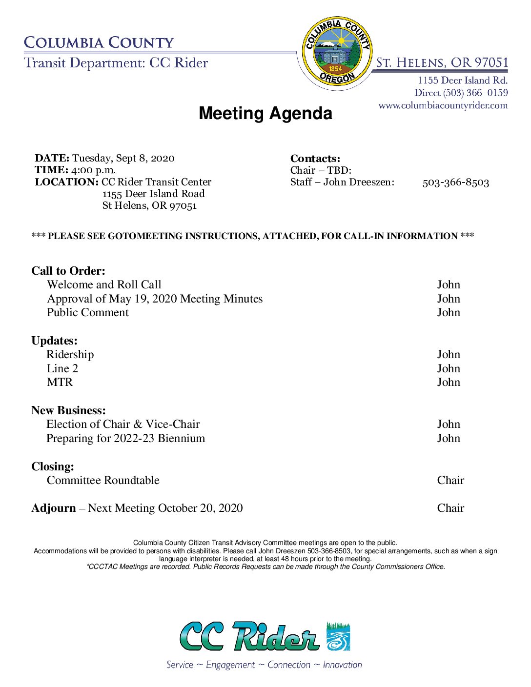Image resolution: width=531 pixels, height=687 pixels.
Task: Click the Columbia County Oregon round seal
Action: [x=337, y=51]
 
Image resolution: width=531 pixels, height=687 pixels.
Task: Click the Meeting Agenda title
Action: [x=265, y=113]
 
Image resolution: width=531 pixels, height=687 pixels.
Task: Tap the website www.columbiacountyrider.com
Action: [x=443, y=105]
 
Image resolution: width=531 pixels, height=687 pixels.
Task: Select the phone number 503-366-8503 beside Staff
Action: [x=455, y=182]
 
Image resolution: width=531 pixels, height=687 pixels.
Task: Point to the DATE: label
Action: [x=52, y=158]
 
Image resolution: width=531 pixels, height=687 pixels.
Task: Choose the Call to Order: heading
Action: [x=68, y=271]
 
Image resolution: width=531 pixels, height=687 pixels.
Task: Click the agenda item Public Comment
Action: [x=88, y=313]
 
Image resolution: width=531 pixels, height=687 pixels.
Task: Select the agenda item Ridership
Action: [x=70, y=355]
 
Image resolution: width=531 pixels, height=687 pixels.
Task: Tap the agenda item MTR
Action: [x=60, y=383]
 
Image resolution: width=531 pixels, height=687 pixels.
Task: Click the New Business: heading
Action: [x=68, y=410]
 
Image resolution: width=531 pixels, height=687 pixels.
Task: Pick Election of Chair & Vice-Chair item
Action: [x=123, y=424]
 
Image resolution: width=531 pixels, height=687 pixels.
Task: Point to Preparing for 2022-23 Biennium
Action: [x=125, y=439]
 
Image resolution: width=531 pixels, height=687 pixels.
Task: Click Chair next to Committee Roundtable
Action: [x=450, y=481]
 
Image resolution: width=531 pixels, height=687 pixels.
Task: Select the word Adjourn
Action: [x=54, y=508]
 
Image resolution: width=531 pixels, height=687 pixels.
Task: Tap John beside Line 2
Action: [x=449, y=369]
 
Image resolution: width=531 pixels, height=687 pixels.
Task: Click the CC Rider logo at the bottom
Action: [x=265, y=636]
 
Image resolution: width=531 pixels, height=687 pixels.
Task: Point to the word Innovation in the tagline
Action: [x=342, y=665]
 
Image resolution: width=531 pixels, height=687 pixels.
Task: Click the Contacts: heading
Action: [x=315, y=159]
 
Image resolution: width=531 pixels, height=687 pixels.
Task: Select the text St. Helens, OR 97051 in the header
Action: [x=442, y=63]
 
